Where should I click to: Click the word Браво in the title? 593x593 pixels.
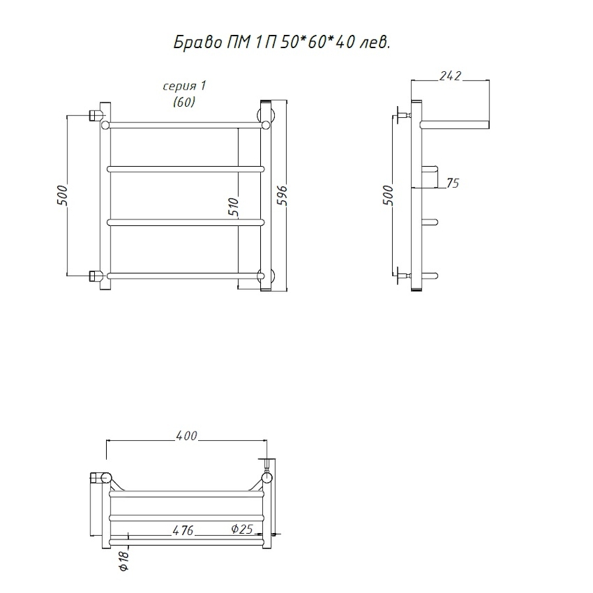tap(198, 43)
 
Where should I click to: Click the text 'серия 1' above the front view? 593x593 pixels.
tap(184, 86)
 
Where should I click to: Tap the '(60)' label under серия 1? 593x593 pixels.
tap(184, 101)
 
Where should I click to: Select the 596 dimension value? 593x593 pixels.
tap(282, 196)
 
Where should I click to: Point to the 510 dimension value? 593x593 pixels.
tap(233, 207)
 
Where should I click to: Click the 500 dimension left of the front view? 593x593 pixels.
tap(62, 196)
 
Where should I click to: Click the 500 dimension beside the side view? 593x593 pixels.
tap(388, 196)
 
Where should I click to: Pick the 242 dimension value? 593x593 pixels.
tap(450, 76)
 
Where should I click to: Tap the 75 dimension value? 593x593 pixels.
tap(453, 183)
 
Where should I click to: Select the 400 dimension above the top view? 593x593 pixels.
tap(186, 436)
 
